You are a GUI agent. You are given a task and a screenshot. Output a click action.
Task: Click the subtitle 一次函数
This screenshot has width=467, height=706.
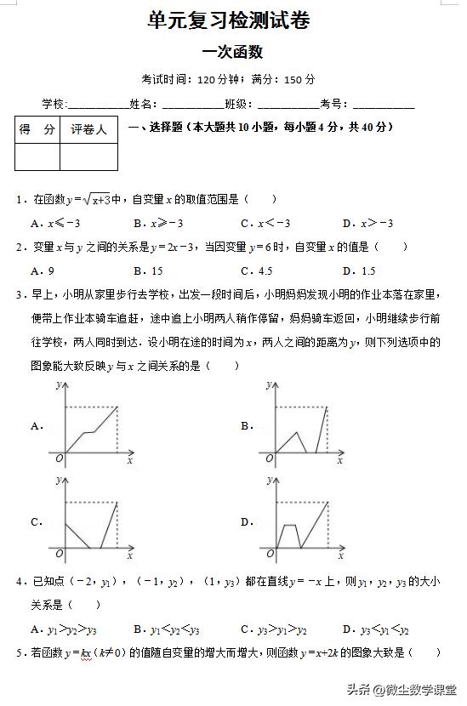coord(231,52)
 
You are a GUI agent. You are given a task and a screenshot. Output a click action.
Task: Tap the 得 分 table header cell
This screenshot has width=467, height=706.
coord(37,130)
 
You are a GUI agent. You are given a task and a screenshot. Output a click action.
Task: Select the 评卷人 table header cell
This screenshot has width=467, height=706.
coord(88,130)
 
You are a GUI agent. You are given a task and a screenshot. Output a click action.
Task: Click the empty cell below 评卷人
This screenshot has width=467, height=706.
coord(88,157)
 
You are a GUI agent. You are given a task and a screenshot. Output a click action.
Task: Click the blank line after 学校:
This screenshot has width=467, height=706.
coord(96,105)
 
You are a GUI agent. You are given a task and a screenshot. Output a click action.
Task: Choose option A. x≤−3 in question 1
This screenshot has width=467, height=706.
coord(54,224)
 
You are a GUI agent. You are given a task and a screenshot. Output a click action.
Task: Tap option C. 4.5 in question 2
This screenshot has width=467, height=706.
coord(256,271)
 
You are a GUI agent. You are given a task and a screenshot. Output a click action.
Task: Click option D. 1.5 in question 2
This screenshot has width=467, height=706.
coord(358,271)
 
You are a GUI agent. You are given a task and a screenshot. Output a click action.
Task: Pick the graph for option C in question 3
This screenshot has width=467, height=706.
coord(92,521)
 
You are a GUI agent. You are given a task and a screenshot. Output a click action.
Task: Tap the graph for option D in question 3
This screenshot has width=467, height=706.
coord(302,521)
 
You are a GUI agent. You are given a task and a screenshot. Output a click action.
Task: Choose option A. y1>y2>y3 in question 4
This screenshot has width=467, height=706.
coord(63,630)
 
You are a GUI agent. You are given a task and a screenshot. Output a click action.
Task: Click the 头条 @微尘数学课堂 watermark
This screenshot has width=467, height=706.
coord(400,690)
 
